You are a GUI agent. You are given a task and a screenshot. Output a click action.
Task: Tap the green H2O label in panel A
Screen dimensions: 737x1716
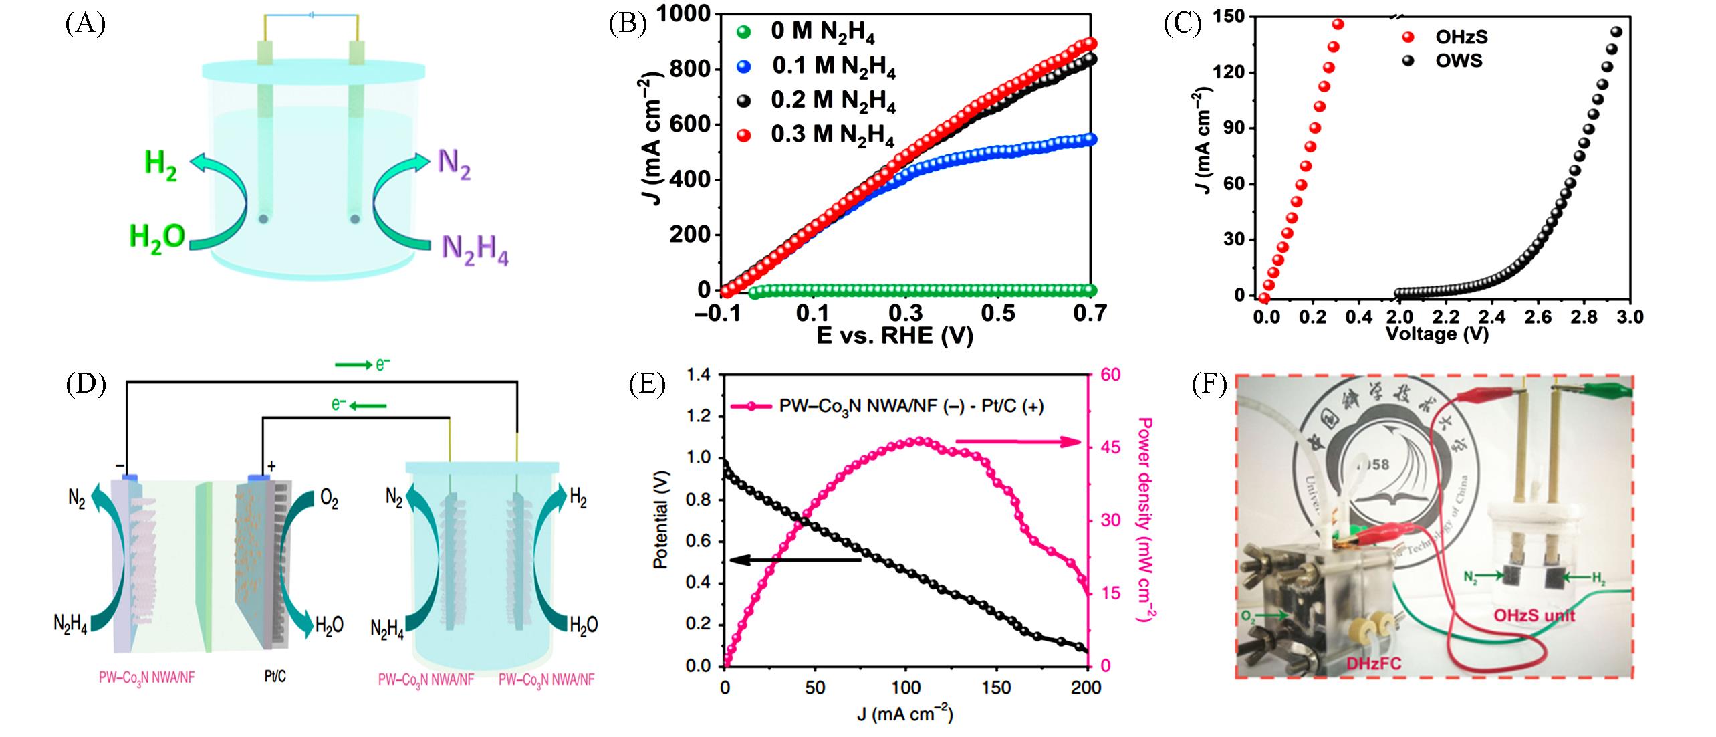click(x=156, y=237)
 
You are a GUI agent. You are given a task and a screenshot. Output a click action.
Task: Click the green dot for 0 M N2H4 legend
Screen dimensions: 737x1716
click(x=743, y=31)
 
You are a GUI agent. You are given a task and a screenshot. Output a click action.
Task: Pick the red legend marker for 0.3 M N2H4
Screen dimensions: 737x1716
click(x=743, y=135)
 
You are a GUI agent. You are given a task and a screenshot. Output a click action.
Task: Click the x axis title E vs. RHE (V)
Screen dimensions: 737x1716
click(x=895, y=335)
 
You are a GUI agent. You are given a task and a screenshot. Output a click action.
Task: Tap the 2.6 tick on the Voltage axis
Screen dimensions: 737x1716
click(x=1538, y=317)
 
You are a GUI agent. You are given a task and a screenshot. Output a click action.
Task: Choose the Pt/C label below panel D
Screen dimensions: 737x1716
click(x=275, y=677)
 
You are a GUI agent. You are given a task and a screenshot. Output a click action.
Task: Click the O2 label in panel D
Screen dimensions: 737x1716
click(x=329, y=501)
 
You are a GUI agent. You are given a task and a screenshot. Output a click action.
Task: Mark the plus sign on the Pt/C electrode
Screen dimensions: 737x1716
click(x=271, y=466)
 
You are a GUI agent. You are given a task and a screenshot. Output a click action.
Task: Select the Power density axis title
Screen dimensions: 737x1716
click(x=1144, y=520)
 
